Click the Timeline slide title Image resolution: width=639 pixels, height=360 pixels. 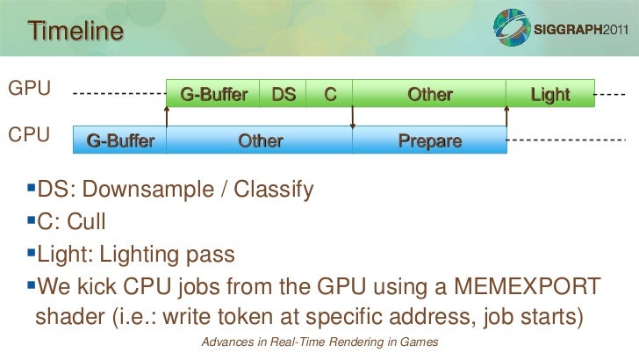coord(75,32)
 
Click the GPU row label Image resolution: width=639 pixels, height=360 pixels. coord(29,89)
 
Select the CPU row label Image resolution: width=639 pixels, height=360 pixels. coord(29,136)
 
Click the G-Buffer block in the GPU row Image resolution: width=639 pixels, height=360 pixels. coord(213,94)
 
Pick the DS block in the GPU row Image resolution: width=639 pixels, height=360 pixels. coord(283,94)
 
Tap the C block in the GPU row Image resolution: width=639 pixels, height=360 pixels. coord(330,94)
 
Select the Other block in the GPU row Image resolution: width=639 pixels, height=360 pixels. coord(429,94)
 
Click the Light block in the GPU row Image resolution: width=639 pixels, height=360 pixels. coord(550,94)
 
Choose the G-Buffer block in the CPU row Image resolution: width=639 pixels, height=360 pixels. coord(120,140)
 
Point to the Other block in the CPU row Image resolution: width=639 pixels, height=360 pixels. coord(260,140)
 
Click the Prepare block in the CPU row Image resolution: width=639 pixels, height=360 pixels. coord(430,140)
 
